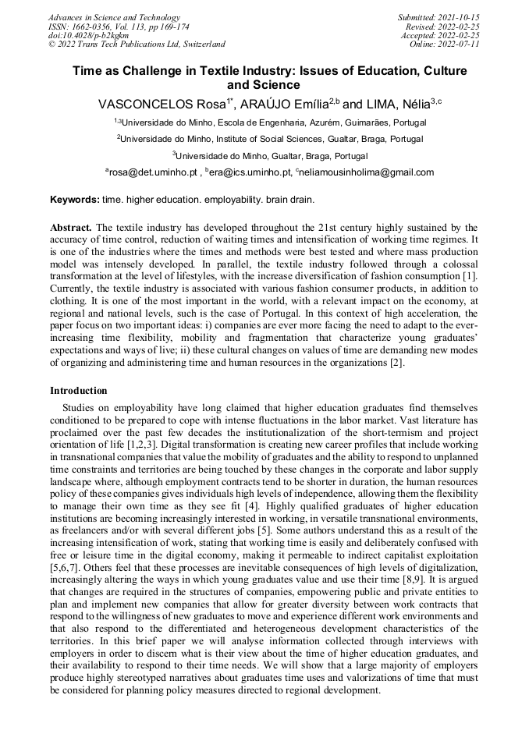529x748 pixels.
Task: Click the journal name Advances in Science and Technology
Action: coord(114,17)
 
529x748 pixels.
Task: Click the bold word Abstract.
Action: coord(73,228)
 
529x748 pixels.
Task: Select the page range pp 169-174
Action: coord(155,27)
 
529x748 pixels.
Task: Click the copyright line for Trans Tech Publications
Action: coord(137,44)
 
